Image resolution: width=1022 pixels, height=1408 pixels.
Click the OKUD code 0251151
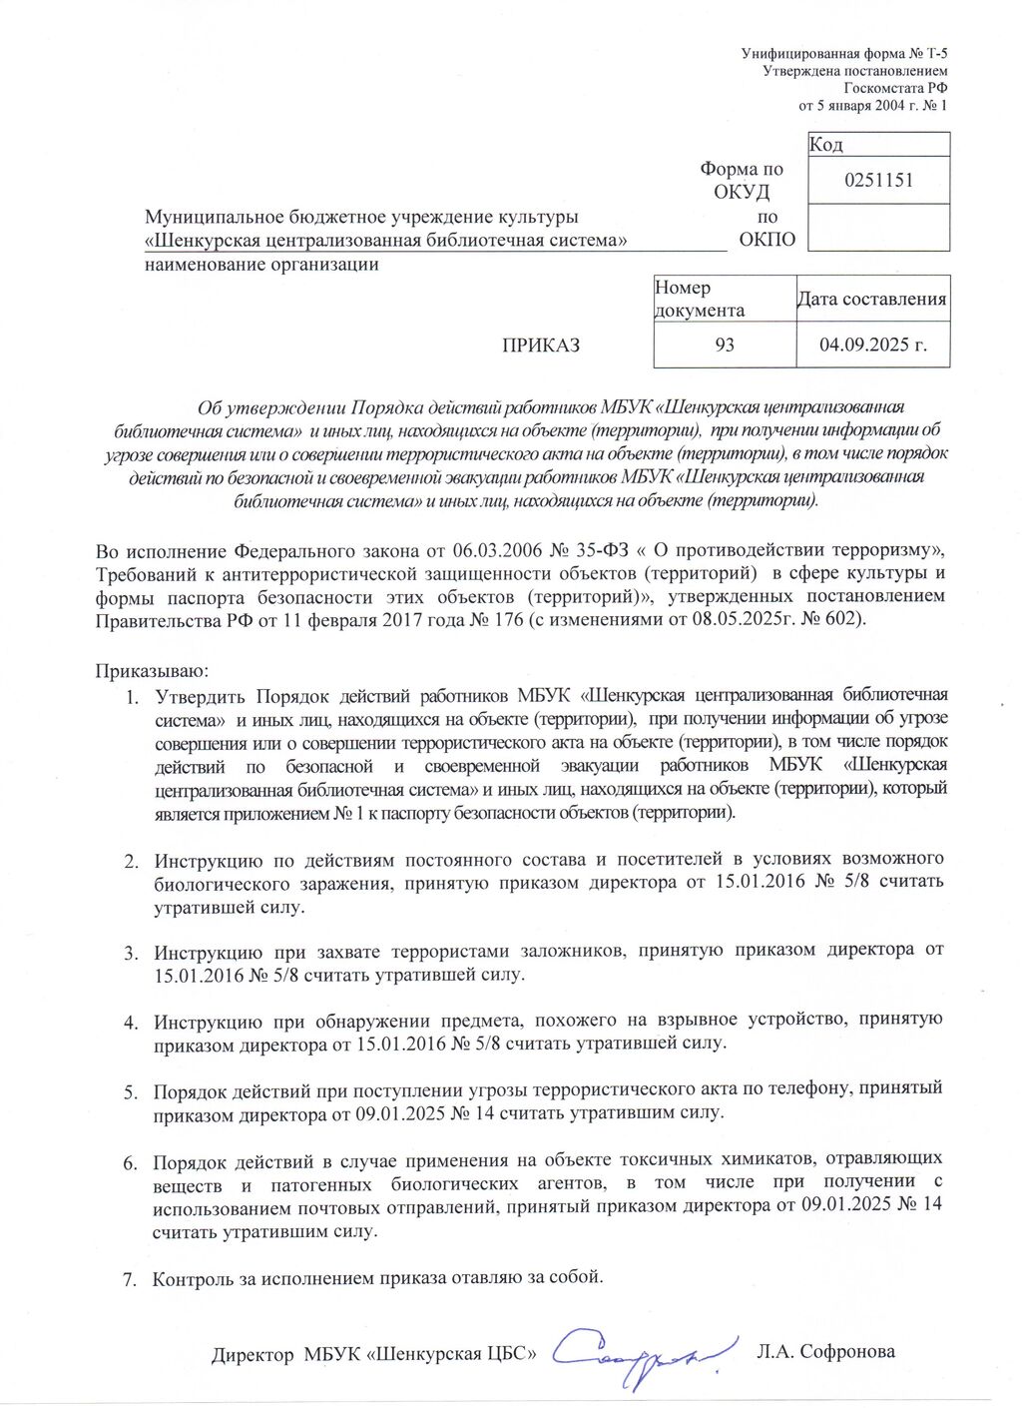pyautogui.click(x=878, y=181)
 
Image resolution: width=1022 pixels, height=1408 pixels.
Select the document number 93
pyautogui.click(x=725, y=345)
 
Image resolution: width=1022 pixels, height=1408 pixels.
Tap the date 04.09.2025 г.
pyautogui.click(x=873, y=345)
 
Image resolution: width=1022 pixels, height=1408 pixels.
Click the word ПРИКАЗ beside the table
pyautogui.click(x=540, y=346)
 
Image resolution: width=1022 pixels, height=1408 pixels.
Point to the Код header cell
pyautogui.click(x=826, y=145)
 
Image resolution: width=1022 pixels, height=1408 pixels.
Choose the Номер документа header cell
pyautogui.click(x=700, y=299)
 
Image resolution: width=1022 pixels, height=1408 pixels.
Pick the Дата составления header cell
pyautogui.click(x=871, y=299)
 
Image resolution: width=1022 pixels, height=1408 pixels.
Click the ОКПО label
pyautogui.click(x=767, y=240)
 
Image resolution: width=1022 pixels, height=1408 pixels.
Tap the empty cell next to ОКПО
pyautogui.click(x=878, y=228)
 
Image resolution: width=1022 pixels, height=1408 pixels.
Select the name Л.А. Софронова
pyautogui.click(x=825, y=1352)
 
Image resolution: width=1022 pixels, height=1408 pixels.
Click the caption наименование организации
pyautogui.click(x=261, y=265)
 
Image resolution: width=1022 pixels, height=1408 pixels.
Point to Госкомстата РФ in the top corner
pyautogui.click(x=895, y=88)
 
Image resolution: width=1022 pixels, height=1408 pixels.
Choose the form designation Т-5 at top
pyautogui.click(x=936, y=54)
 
